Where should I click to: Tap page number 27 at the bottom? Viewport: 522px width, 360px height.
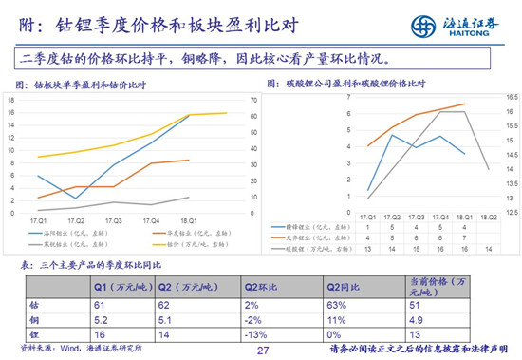(263, 350)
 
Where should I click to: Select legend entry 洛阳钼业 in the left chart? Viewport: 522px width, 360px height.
(67, 231)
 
